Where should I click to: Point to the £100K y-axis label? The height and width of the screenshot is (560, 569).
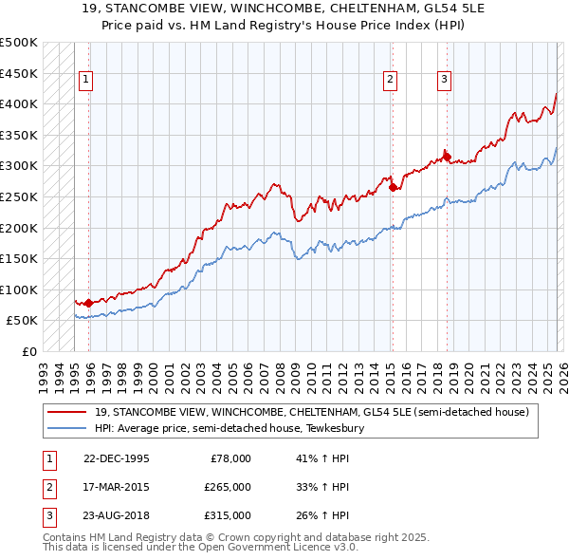click(x=19, y=289)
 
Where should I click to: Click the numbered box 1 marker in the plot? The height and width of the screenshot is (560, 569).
click(x=86, y=81)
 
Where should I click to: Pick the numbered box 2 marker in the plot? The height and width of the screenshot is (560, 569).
click(x=390, y=81)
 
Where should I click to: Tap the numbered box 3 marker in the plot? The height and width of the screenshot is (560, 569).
click(x=444, y=81)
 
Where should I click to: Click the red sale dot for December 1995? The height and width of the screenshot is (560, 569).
click(x=89, y=303)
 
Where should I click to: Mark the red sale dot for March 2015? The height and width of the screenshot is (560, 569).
click(x=393, y=188)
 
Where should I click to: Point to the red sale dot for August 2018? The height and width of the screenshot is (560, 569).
click(x=447, y=157)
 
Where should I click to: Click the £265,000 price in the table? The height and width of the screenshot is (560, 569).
click(x=228, y=487)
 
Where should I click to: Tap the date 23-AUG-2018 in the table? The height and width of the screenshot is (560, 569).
click(x=117, y=515)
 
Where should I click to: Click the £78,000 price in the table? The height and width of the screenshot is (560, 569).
click(x=230, y=458)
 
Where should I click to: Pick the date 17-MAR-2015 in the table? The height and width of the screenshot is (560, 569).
click(x=117, y=487)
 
